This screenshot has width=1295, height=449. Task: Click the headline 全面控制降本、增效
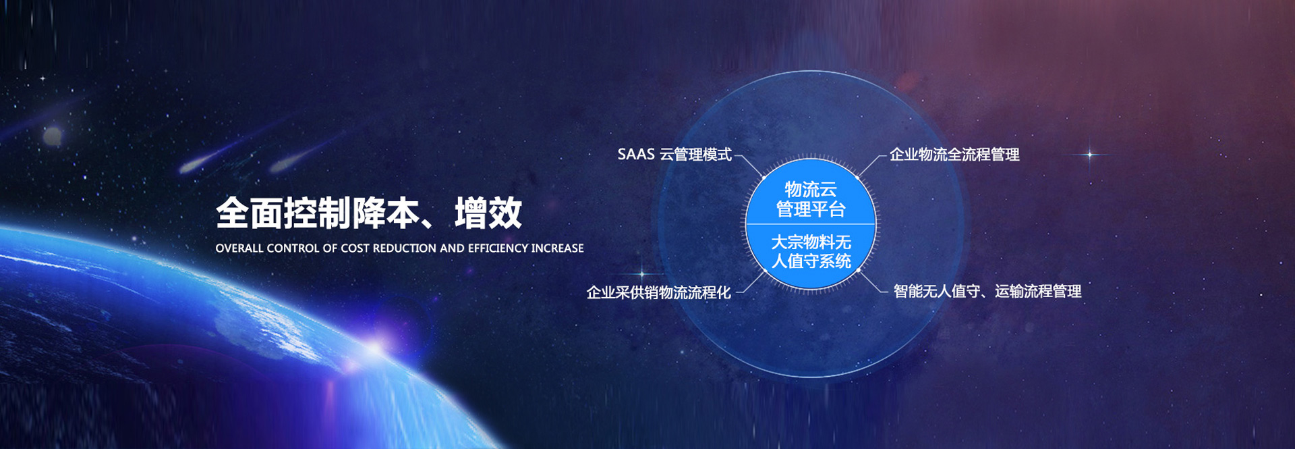click(369, 213)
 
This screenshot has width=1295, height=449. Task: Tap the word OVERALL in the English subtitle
click(239, 248)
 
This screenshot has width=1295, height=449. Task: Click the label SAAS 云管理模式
click(674, 155)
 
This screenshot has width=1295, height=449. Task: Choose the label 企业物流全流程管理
click(954, 155)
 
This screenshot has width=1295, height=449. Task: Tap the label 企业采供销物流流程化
click(659, 292)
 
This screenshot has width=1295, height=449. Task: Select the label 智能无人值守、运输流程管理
click(987, 292)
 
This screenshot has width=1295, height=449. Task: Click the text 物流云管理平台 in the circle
click(811, 199)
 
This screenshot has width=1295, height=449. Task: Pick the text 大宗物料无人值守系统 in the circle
click(811, 251)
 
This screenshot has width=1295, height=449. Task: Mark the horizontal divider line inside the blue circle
click(811, 224)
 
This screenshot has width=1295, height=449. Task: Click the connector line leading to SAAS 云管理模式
click(750, 165)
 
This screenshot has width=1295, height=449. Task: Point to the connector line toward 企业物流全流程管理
click(871, 165)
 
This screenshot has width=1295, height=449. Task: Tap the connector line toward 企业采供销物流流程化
click(751, 282)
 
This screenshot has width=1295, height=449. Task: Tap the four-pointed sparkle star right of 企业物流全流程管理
click(1089, 155)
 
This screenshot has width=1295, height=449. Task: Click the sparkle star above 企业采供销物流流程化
click(641, 274)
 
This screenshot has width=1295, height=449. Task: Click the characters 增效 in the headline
click(488, 213)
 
